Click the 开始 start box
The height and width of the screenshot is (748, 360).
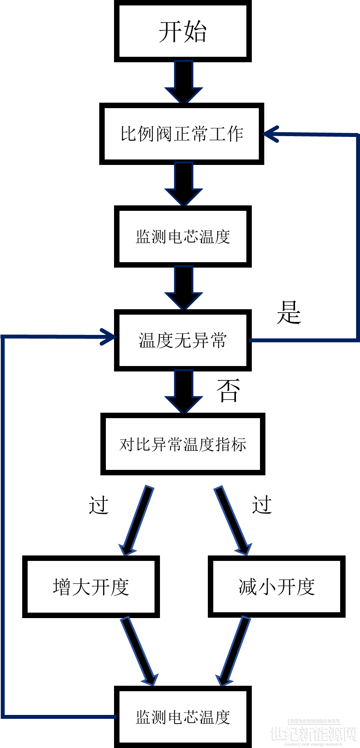click(183, 31)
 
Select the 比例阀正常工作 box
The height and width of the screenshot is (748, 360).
click(182, 134)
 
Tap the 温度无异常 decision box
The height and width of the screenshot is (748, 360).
click(183, 340)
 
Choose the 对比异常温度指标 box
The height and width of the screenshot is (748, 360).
click(183, 444)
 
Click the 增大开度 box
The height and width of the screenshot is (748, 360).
click(91, 587)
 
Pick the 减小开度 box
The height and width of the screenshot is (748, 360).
click(277, 587)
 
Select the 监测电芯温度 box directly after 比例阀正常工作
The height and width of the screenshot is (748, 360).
click(183, 236)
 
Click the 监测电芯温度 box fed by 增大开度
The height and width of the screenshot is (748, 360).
click(183, 716)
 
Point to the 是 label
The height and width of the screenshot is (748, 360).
click(289, 312)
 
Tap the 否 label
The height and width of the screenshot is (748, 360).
click(228, 390)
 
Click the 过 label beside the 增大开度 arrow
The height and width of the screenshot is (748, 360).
click(98, 505)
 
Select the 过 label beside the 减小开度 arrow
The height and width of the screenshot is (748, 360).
click(262, 505)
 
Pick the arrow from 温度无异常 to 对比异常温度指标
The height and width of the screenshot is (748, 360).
click(184, 391)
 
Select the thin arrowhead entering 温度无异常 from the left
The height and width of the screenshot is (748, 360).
click(108, 337)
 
